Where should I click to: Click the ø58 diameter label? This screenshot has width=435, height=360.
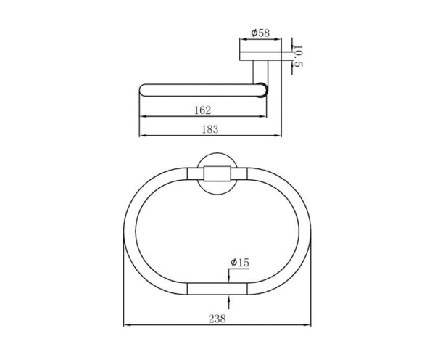(x=260, y=33)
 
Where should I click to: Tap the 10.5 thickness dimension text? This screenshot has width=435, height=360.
(x=297, y=56)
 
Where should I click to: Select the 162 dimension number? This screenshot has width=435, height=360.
(x=202, y=110)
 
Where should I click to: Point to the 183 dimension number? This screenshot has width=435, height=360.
(x=210, y=129)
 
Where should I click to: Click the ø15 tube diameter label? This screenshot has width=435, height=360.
(x=240, y=263)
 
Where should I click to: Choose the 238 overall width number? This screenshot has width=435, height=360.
(x=217, y=319)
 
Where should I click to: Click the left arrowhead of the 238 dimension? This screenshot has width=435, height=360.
(x=127, y=324)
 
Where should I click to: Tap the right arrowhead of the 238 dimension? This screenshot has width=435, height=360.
(x=307, y=324)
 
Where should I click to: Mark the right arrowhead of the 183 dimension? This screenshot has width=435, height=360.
(x=278, y=136)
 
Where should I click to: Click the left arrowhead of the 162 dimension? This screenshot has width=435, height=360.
(x=143, y=116)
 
